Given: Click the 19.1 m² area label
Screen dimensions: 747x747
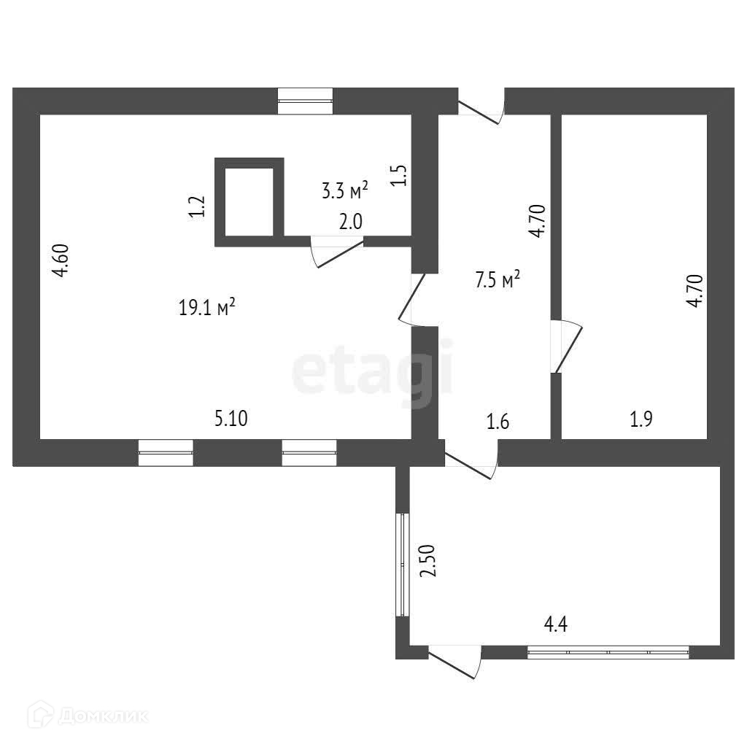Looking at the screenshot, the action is point(206,307).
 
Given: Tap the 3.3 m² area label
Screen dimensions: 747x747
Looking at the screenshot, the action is point(344,191).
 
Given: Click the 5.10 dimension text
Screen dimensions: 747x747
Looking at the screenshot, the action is point(231,419).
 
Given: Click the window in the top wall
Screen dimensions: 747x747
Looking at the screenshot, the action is point(306,101).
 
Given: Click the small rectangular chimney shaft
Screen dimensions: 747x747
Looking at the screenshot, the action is point(249,201).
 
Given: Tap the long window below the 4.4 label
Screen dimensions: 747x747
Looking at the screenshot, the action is point(608,651).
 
